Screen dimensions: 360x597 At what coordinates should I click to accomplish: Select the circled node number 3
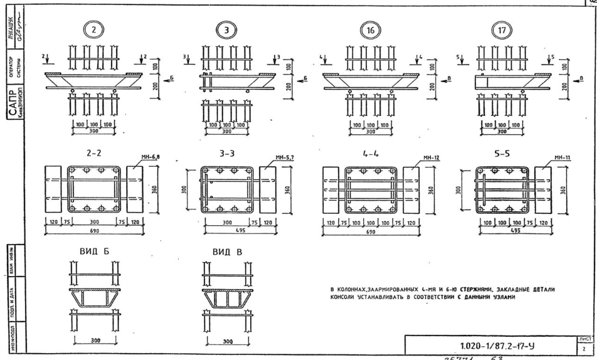pyautogui.click(x=227, y=29)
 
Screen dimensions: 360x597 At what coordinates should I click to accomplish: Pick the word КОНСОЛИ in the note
pyautogui.click(x=346, y=297)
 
